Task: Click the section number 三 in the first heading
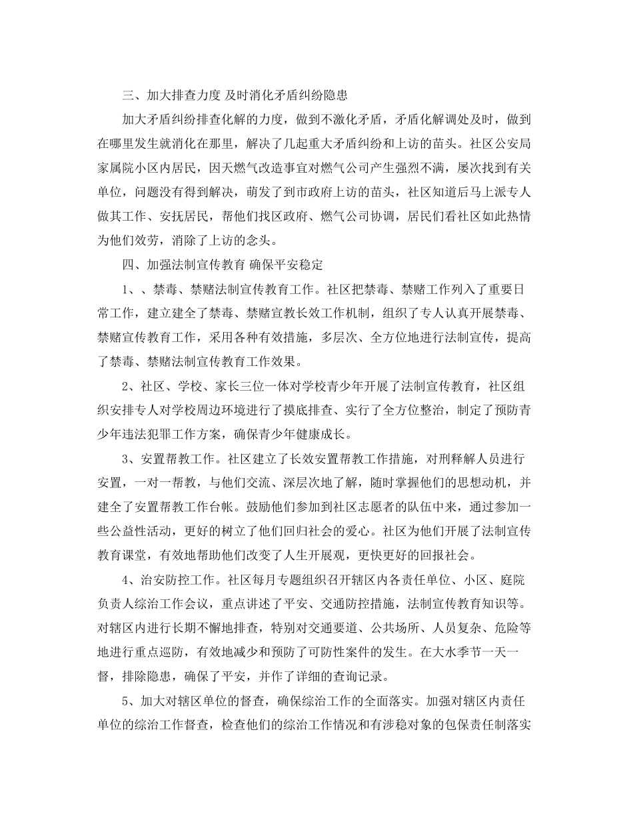pyautogui.click(x=129, y=95)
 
